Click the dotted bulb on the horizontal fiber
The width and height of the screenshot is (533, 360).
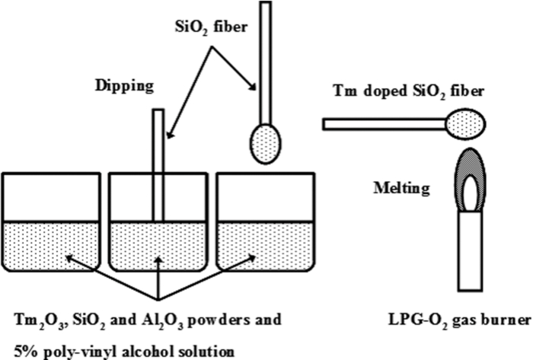465,123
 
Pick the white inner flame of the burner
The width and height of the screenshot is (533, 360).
470,190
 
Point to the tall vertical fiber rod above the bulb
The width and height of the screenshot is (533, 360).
266,61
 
